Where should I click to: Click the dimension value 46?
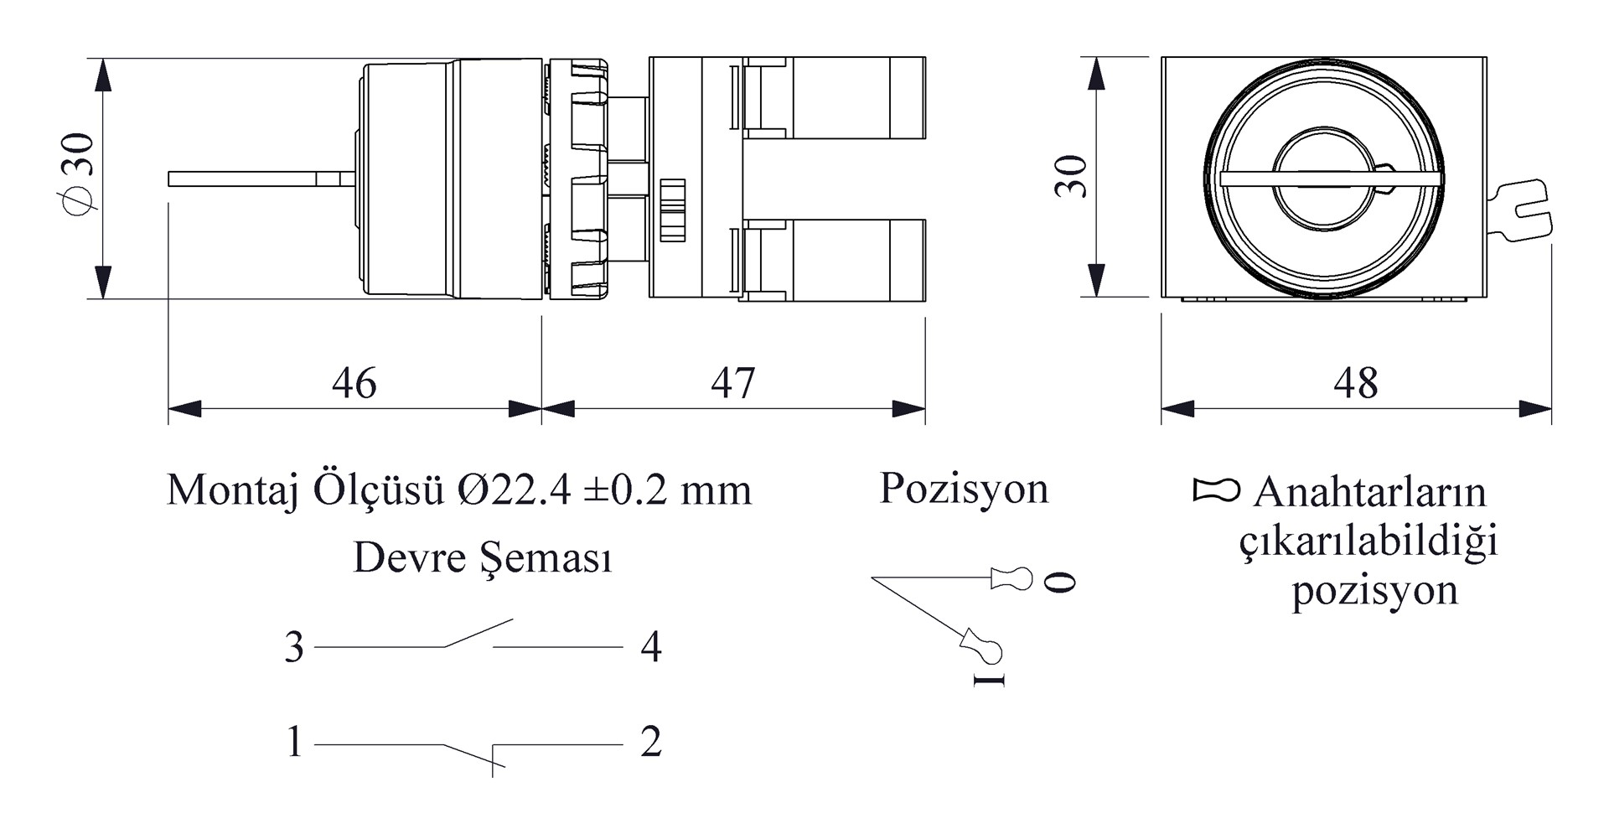pos(354,383)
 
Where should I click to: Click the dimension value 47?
pos(733,383)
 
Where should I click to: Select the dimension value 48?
pos(1355,383)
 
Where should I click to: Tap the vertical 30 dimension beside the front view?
pos(1071,176)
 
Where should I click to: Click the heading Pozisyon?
pos(964,490)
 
